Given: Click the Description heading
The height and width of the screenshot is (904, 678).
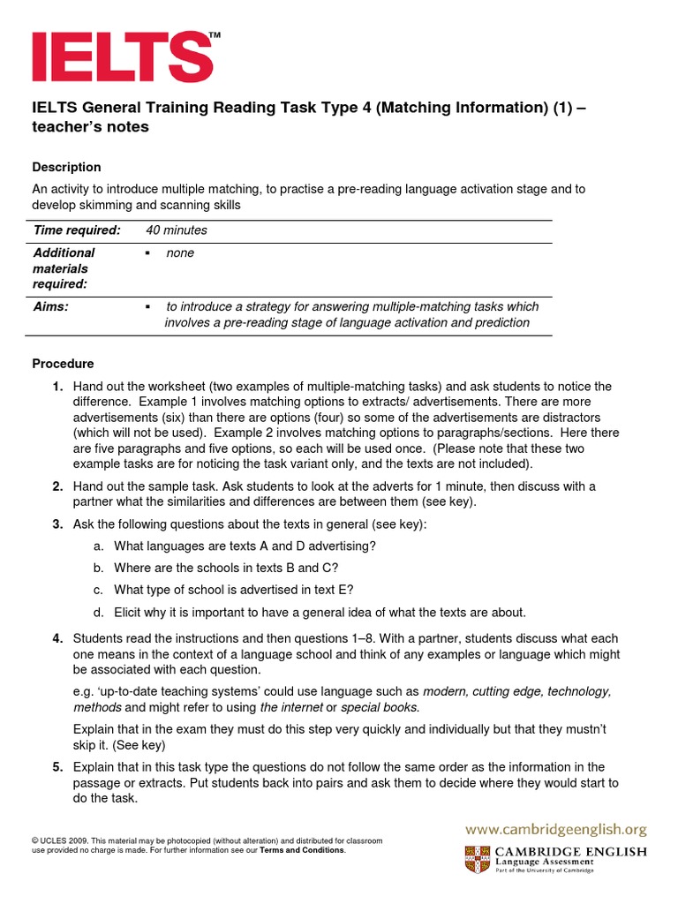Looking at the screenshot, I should pos(66,167).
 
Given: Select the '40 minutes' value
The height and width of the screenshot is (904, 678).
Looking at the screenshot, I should pos(177,230).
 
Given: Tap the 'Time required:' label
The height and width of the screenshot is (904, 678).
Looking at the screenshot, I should pos(77,230).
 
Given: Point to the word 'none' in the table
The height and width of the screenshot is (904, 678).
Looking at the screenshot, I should pos(180,253).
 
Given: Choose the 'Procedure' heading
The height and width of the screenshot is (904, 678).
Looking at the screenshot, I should pos(63,364).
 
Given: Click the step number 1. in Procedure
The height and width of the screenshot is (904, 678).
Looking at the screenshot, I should pos(57,387).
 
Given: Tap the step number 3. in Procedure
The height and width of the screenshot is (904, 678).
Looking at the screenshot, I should pos(57,524).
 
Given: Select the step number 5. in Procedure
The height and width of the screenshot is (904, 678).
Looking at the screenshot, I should pos(57,766).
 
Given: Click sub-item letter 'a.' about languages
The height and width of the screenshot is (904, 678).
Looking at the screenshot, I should pos(99,546).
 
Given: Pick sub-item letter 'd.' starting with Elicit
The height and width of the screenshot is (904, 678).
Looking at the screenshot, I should pos(99,612).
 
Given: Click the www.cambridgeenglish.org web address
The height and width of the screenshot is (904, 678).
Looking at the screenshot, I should pos(556,830).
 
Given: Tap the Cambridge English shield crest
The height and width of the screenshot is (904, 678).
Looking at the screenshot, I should pos(476,859).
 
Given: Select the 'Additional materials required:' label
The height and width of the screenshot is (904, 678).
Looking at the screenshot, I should pos(64,268).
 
